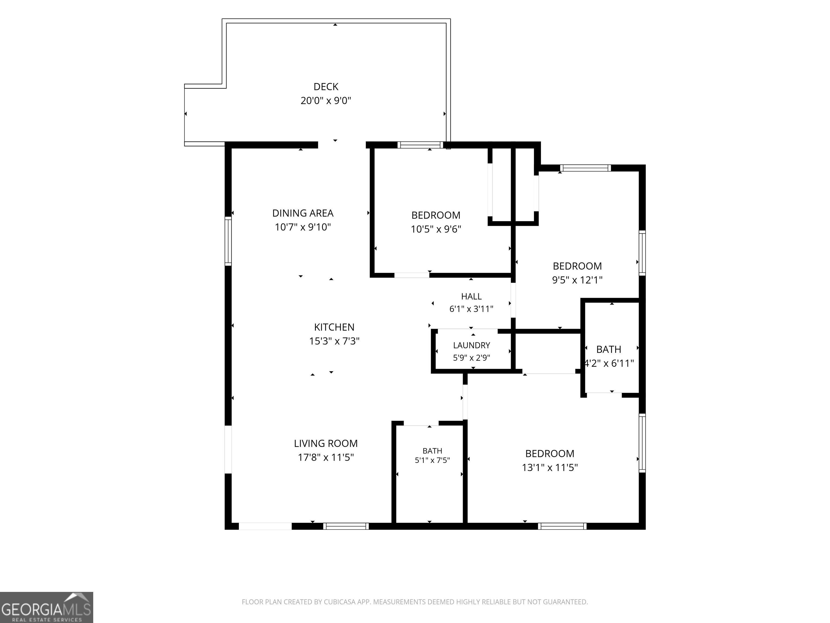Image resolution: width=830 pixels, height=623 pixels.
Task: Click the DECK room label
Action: click(326, 87)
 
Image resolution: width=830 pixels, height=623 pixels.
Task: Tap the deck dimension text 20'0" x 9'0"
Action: click(326, 101)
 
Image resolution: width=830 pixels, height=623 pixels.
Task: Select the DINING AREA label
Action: click(303, 213)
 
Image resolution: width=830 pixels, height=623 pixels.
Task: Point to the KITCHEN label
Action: click(334, 327)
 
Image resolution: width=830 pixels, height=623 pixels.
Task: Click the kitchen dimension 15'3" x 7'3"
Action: click(334, 341)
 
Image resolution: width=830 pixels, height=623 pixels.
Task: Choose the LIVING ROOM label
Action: click(326, 443)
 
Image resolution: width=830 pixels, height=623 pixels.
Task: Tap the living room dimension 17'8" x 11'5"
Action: click(326, 458)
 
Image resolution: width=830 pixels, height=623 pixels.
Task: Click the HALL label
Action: click(471, 296)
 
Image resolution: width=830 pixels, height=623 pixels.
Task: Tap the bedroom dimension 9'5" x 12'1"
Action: click(577, 280)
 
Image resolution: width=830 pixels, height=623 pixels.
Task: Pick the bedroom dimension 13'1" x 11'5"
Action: click(550, 468)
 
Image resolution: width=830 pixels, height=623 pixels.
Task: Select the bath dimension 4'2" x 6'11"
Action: click(609, 363)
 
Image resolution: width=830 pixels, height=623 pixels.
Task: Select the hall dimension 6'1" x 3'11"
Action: click(471, 309)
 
